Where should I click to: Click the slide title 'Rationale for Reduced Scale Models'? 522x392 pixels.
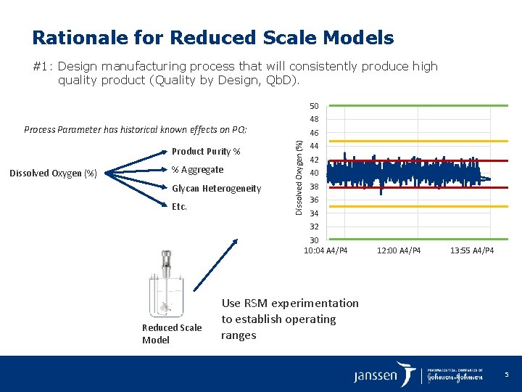(213, 38)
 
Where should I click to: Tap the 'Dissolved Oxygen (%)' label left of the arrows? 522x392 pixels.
(53, 173)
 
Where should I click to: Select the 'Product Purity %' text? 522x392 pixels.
(206, 152)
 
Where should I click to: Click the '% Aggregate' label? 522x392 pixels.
(197, 170)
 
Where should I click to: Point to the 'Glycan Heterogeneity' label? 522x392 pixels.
(216, 189)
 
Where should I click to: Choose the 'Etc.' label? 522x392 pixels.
(179, 207)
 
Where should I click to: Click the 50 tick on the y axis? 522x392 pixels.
(314, 106)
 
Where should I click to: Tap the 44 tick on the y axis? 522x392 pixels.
(314, 147)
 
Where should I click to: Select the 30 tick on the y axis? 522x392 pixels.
(314, 240)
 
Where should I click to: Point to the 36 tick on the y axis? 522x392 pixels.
(314, 200)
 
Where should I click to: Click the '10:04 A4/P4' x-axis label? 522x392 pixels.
(326, 251)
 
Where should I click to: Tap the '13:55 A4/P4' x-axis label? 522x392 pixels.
(472, 251)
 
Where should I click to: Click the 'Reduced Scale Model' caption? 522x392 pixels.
(171, 334)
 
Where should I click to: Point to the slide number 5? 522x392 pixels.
(507, 375)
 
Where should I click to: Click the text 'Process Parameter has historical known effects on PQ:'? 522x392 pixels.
(136, 130)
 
